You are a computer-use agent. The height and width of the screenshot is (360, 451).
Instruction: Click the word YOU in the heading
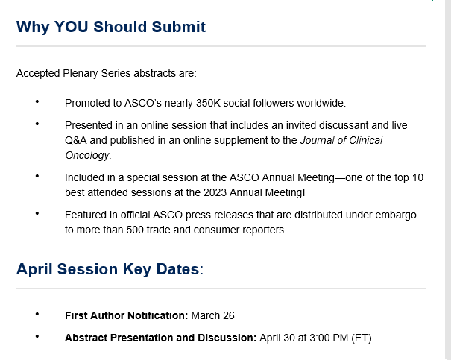[x=71, y=27]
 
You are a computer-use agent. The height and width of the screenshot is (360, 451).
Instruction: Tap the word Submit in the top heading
[x=178, y=27]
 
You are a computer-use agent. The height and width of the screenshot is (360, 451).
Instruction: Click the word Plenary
[x=81, y=73]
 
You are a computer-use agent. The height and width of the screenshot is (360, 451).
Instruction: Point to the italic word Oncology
[x=87, y=155]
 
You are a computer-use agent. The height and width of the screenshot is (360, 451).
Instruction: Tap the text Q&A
[x=75, y=140]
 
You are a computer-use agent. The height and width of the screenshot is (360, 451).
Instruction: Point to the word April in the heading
[x=34, y=269]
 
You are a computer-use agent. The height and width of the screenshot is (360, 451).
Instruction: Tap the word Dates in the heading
[x=177, y=269]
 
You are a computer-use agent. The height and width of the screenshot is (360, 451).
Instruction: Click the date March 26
[x=213, y=315]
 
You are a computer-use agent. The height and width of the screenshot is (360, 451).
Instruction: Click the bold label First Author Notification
[x=126, y=315]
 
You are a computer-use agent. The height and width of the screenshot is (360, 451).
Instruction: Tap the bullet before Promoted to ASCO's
[x=37, y=101]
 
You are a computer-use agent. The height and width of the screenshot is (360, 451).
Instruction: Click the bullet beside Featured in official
[x=37, y=213]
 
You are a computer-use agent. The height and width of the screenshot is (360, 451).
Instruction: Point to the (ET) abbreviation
[x=362, y=338]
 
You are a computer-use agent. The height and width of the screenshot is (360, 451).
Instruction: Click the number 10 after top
[x=417, y=177]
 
